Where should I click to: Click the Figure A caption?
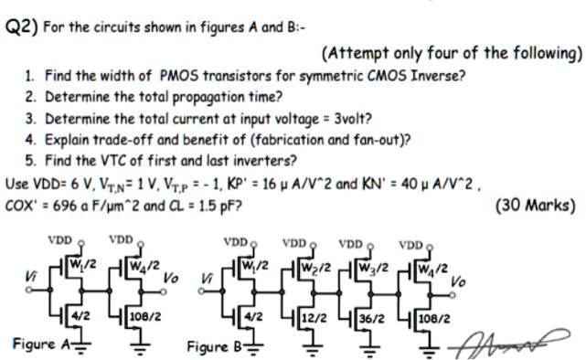tap(38, 344)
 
